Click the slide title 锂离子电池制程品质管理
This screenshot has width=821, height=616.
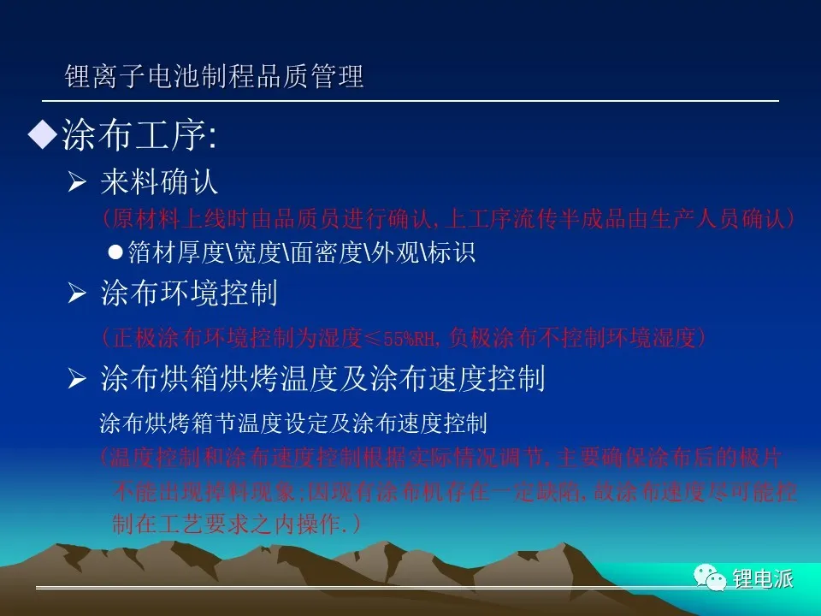[x=214, y=76]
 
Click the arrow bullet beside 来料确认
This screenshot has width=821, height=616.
[x=77, y=181]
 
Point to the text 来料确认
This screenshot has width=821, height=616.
[x=159, y=181]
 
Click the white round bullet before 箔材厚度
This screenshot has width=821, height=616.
[x=115, y=252]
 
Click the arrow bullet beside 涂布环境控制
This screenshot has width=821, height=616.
[x=77, y=293]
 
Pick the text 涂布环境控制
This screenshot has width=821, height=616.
[x=189, y=293]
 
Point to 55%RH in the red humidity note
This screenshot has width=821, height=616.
[x=410, y=339]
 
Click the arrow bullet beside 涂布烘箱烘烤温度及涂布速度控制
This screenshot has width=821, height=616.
[x=77, y=378]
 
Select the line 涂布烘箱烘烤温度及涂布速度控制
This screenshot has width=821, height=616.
[x=323, y=378]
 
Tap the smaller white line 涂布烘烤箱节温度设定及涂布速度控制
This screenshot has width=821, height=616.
[x=293, y=423]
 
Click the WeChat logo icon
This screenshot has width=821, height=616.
[x=710, y=577]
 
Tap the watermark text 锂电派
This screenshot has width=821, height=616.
[x=763, y=579]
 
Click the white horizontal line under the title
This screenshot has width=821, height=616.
[x=410, y=101]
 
